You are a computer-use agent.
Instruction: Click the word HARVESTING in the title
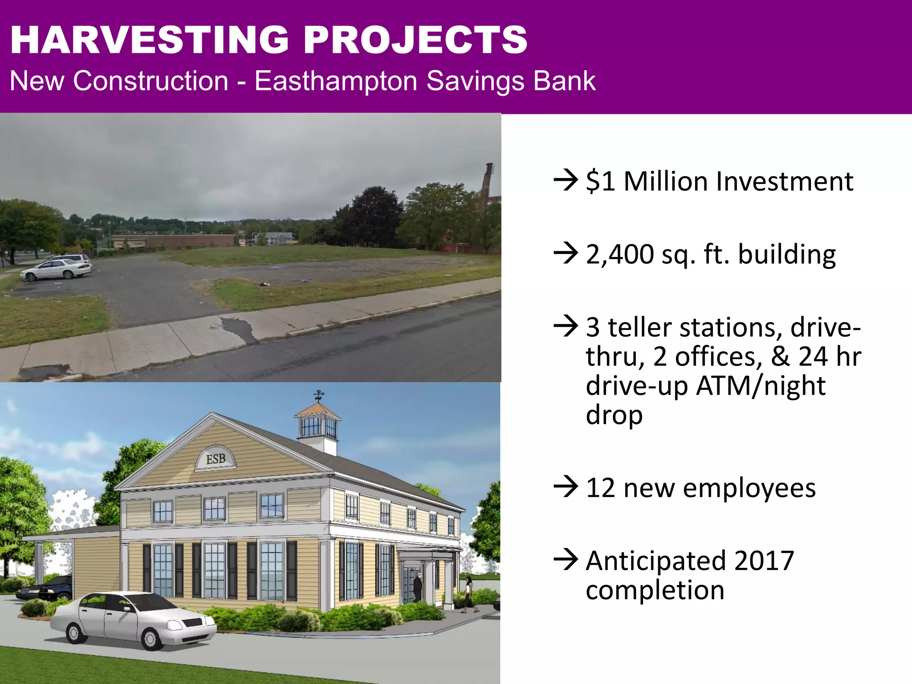click(149, 40)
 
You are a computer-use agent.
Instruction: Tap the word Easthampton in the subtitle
click(336, 81)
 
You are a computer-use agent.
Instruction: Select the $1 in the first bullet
click(600, 182)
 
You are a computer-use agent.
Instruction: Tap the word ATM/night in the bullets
click(761, 386)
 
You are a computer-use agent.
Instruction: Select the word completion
click(655, 590)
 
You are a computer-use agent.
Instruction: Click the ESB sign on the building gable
click(216, 459)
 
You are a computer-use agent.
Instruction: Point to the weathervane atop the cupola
click(319, 395)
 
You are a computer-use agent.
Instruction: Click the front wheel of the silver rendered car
click(151, 639)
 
